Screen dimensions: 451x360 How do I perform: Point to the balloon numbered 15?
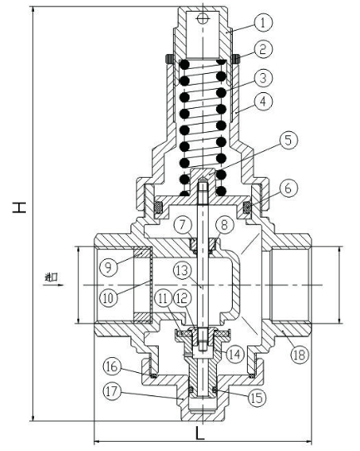click(257, 398)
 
